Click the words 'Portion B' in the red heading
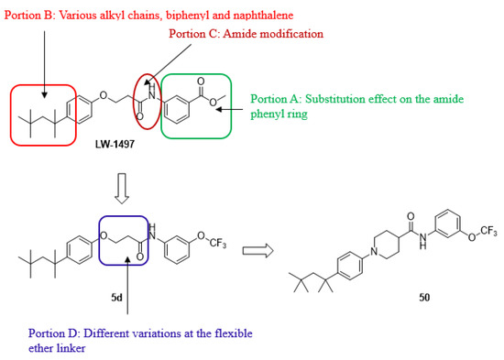tap(29, 13)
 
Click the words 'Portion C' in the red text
tap(195, 34)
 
